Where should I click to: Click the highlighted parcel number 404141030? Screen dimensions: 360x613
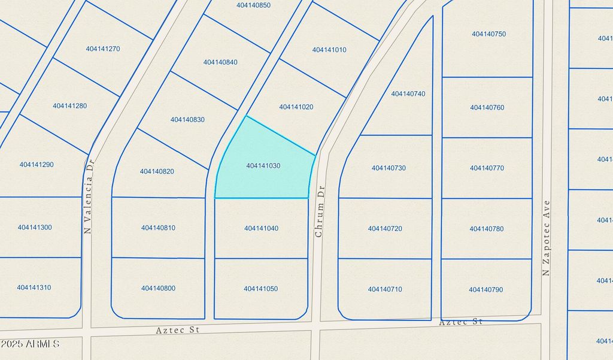tap(263, 165)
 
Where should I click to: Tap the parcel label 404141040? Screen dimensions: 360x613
tap(261, 228)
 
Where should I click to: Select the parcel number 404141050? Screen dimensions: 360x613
tap(260, 289)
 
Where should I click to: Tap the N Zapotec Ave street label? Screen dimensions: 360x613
tap(546, 238)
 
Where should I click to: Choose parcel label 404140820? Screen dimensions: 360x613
tap(157, 171)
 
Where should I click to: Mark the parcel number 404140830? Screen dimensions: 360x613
tap(187, 120)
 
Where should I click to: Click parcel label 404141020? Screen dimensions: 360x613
tap(296, 107)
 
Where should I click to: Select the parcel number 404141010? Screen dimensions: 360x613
tap(329, 50)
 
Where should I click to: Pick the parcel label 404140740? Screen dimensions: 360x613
tap(408, 93)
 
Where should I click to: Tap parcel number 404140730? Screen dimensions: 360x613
tap(389, 168)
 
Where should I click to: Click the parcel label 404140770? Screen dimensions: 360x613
tap(487, 168)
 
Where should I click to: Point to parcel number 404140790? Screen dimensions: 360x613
tap(486, 290)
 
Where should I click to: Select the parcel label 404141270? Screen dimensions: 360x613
tap(103, 49)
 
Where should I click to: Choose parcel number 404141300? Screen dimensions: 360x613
tap(35, 228)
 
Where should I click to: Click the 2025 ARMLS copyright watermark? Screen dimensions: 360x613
tap(30, 344)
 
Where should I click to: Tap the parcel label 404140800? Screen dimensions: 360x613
tap(158, 288)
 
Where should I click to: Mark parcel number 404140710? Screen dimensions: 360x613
tap(385, 289)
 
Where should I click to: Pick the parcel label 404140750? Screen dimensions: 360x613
tap(488, 34)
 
